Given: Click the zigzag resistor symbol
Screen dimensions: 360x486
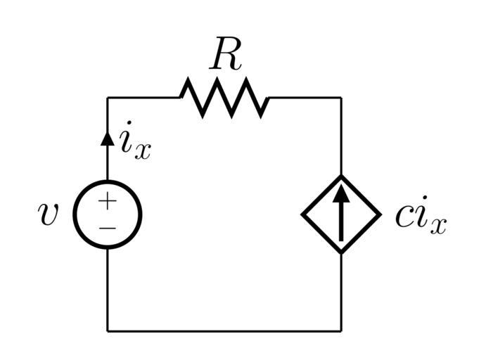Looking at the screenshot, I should [224, 97].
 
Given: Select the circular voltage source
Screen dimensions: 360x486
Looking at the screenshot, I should [108, 214].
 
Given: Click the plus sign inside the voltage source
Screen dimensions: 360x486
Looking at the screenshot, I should [107, 202].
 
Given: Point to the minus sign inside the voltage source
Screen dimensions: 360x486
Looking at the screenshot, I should [107, 228].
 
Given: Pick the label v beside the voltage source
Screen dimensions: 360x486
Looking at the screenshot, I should [48, 214].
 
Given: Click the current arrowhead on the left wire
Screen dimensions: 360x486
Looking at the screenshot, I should [108, 138].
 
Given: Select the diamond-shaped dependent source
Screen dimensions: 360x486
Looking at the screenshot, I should [341, 214].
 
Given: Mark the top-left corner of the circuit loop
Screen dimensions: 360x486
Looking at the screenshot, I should [108, 98].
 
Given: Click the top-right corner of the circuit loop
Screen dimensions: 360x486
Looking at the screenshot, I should [341, 98].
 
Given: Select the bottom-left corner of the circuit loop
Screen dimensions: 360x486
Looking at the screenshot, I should [108, 330].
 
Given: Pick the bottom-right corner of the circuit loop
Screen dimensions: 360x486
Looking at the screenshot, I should [341, 330].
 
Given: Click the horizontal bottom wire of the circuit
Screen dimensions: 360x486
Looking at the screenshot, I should [224, 330].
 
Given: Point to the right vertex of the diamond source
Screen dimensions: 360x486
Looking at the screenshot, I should [379, 214].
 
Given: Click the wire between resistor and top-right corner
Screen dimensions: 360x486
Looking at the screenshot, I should [306, 98].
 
